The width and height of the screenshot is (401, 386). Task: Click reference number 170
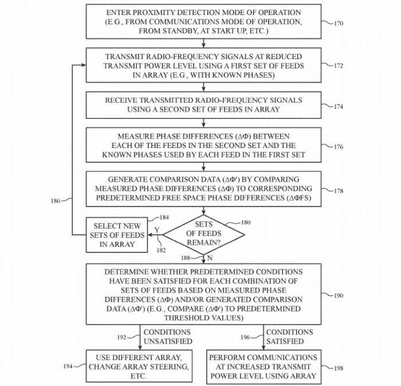point(339,24)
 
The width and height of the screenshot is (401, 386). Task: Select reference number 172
point(339,66)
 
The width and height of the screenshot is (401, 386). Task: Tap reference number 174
point(339,107)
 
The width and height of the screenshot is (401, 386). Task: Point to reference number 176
point(339,147)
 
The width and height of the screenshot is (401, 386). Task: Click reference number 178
point(339,190)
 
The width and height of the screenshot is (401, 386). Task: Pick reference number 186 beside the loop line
point(56,201)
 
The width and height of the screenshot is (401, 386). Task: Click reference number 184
point(164,217)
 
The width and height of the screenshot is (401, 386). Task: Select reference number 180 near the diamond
point(246,223)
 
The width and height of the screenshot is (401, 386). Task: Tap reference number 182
point(161,250)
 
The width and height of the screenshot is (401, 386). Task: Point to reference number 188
point(186,258)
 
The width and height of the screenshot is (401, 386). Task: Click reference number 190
point(339,295)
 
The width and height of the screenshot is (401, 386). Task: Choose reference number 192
point(121,337)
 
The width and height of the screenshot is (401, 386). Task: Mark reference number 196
point(245,337)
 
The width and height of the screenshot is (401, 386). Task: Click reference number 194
point(68,366)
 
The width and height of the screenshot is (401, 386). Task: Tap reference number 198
point(339,368)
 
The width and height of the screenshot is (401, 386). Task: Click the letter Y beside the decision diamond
point(157,230)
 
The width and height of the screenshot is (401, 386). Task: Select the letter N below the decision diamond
point(210,258)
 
